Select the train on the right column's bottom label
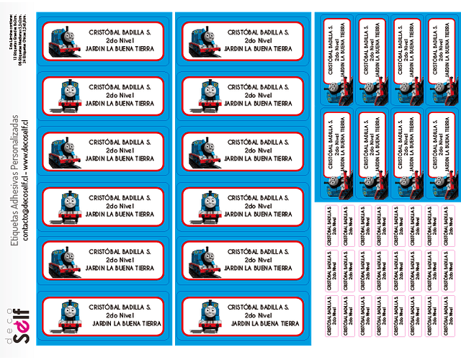tap(200, 314)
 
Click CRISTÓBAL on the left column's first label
tap(103, 32)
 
